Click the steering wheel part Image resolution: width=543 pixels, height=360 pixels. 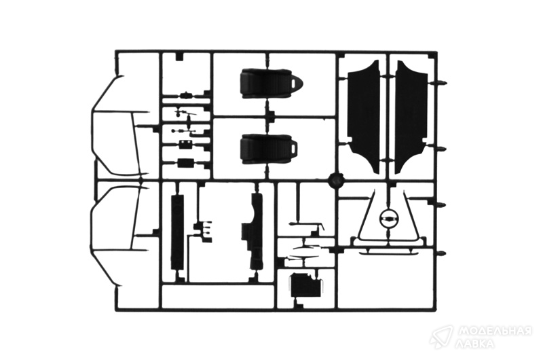389,219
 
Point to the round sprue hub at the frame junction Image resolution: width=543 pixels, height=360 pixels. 335,180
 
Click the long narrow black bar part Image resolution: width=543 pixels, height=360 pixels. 176,232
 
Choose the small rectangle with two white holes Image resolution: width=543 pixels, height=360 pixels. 185,144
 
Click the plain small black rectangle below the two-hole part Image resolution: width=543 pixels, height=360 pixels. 185,162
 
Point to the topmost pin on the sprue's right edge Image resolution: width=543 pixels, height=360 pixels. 442,82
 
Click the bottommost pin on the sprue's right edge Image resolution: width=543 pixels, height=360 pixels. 442,253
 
